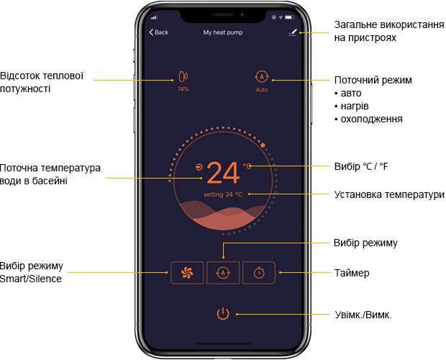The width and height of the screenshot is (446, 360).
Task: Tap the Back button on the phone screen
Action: [x=159, y=32]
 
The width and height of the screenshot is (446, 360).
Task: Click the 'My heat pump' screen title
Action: [x=223, y=32]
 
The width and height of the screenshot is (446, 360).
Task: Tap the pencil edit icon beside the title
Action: [x=293, y=32]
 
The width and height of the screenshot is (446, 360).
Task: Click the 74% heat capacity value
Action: [x=183, y=89]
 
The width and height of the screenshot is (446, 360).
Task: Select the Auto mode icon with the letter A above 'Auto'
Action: [x=262, y=76]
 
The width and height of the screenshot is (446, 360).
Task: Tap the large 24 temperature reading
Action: [x=223, y=173]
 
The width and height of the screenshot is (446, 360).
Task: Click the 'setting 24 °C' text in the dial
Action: [x=223, y=194]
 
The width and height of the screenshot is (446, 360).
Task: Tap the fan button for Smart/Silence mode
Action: [x=187, y=273]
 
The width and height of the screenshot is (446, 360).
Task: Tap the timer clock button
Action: [x=259, y=273]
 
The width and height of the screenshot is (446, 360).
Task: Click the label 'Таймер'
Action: [x=352, y=273]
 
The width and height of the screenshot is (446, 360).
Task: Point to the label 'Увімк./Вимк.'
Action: [x=363, y=315]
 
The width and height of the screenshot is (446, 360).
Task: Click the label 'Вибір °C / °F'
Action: [x=361, y=166]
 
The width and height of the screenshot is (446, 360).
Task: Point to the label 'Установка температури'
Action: [x=389, y=194]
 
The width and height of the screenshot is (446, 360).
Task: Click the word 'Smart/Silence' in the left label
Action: [x=31, y=279]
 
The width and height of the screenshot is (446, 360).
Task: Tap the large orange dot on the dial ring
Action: [x=263, y=145]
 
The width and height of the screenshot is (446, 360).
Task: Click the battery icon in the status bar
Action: [x=289, y=17]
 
